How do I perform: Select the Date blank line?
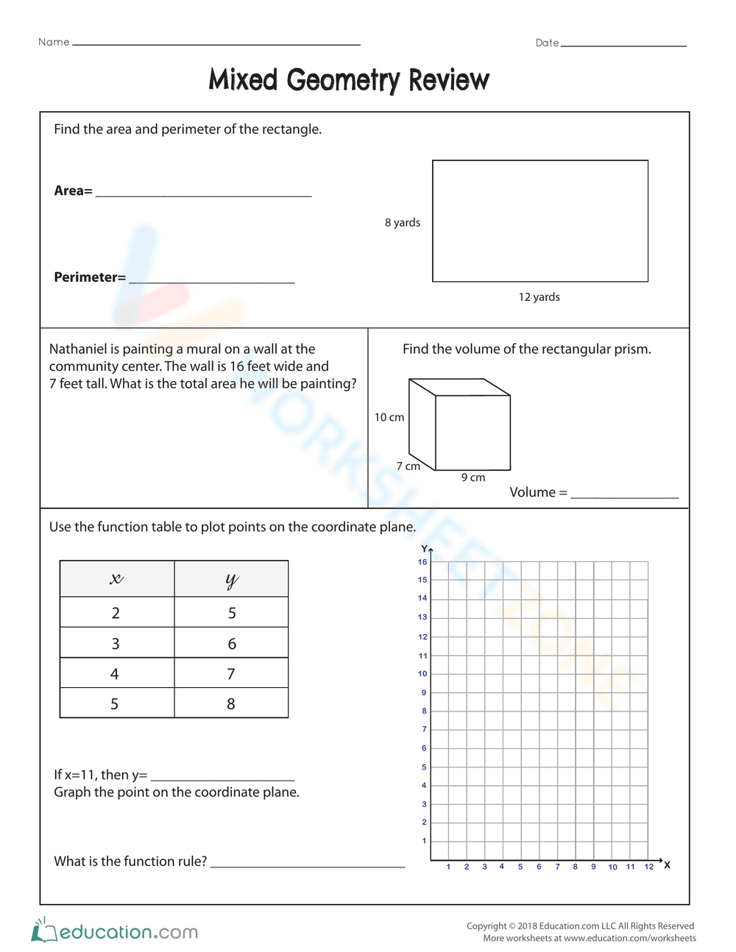tap(623, 44)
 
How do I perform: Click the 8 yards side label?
tap(402, 222)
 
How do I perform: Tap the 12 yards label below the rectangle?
tap(539, 296)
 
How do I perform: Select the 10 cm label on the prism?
tap(389, 417)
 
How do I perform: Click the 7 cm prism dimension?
tap(408, 466)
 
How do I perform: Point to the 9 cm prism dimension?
tap(473, 477)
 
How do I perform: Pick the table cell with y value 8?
tap(231, 703)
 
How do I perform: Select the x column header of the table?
tap(116, 579)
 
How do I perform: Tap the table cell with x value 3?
tap(116, 643)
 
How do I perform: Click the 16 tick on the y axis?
tap(422, 562)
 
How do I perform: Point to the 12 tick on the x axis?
tap(648, 867)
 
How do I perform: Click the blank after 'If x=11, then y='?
tap(222, 777)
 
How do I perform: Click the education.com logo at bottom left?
tap(115, 931)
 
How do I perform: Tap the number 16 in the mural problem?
tap(237, 366)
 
